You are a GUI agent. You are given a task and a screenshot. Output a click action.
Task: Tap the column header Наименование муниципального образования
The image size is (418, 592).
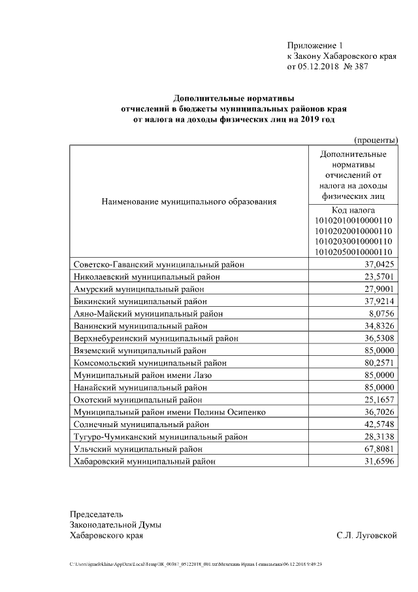tap(189, 201)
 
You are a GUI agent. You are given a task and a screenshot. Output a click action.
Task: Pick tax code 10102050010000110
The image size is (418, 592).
tap(353, 252)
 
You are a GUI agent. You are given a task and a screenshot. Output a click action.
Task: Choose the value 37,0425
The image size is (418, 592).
tap(376, 264)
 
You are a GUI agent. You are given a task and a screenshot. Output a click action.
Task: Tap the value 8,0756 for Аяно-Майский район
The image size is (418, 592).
tap(379, 313)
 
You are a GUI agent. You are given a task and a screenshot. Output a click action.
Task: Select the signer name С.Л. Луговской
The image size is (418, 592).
tap(367, 536)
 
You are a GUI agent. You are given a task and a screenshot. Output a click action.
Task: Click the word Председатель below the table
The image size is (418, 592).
tap(97, 514)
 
